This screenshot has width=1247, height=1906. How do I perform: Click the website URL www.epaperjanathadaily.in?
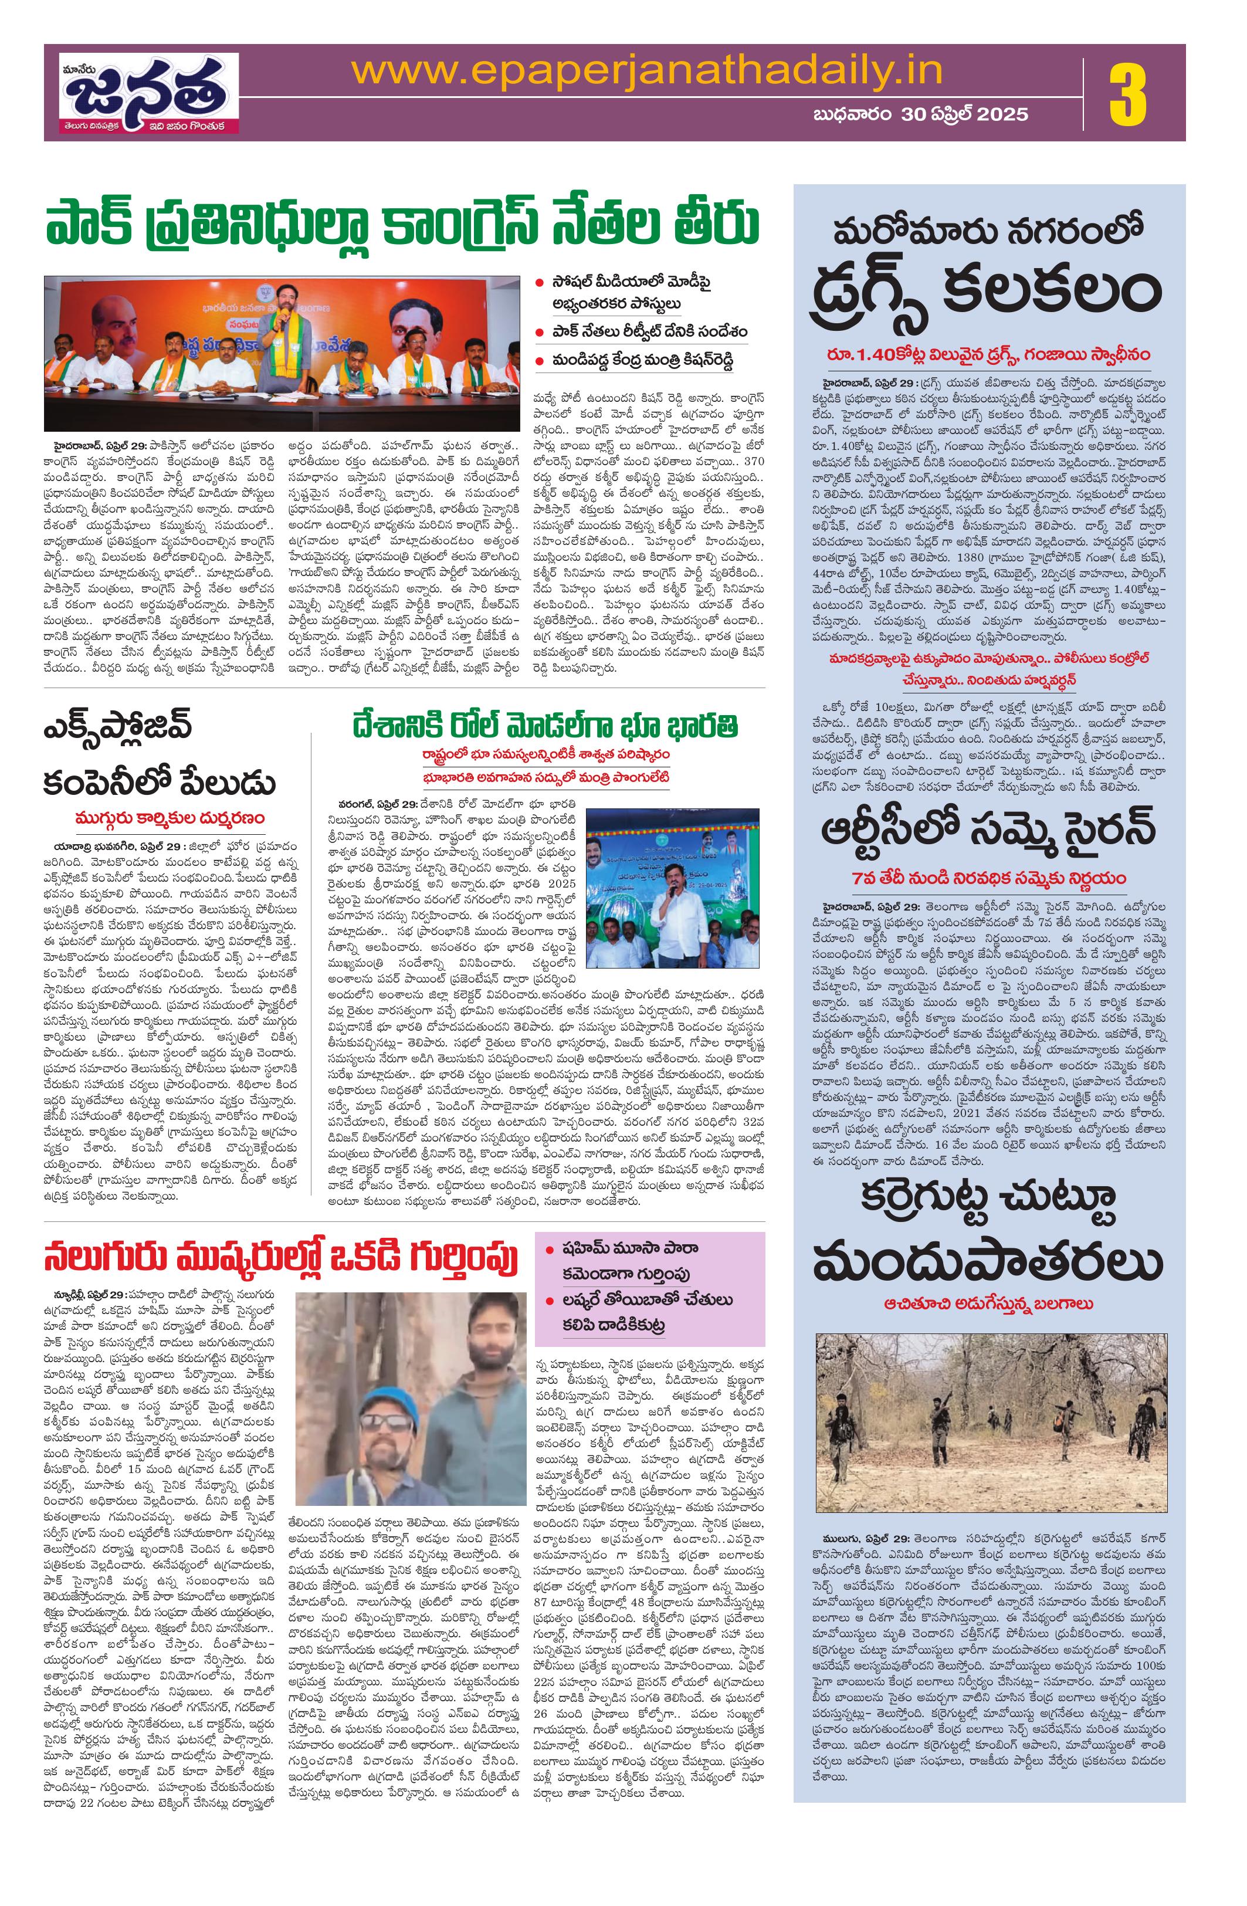pos(646,71)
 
